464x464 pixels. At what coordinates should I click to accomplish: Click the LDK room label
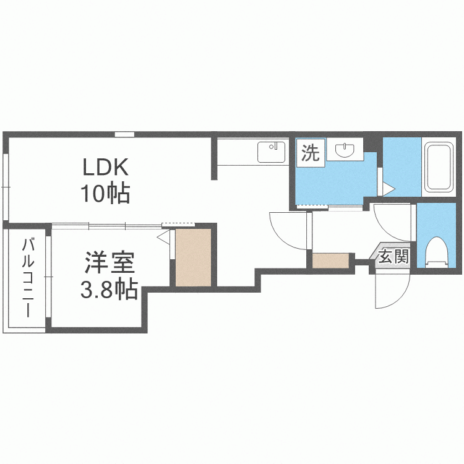pos(105,167)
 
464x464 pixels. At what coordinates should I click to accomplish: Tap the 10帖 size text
pos(105,193)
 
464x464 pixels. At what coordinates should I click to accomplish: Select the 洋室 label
pos(110,262)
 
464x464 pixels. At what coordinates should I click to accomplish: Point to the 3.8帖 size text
pos(109,288)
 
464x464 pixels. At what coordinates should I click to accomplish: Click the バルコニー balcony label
pos(28,278)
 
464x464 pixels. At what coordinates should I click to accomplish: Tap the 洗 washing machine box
pos(311,153)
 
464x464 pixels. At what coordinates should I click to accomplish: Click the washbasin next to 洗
pos(345,150)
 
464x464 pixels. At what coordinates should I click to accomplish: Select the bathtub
pos(439,166)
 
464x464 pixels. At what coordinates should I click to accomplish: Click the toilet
pos(437,252)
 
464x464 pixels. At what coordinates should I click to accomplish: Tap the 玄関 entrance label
pos(394,256)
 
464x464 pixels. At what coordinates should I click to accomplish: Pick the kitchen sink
pos(272,152)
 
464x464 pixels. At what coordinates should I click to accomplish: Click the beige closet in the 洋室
pos(193,257)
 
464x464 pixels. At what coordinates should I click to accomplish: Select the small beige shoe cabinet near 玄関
pos(331,260)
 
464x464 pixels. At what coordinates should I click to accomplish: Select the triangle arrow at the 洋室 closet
pos(163,238)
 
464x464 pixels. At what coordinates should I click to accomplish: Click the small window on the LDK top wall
pos(124,134)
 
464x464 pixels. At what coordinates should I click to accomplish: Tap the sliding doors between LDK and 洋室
pos(107,226)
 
